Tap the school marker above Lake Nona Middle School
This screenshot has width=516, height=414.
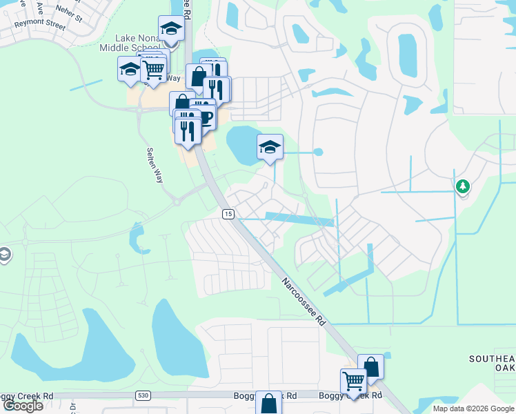[170, 30]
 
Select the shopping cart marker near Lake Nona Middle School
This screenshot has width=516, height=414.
[153, 69]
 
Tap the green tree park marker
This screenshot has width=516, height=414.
[463, 186]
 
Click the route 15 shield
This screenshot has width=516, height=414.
[227, 215]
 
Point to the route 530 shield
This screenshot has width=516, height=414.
[143, 395]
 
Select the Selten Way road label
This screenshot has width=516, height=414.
[155, 165]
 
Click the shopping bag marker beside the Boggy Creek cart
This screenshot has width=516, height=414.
[370, 368]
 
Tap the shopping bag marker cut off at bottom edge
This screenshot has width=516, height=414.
[268, 404]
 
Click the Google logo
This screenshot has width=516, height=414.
[23, 406]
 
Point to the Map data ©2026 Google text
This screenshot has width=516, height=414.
[473, 408]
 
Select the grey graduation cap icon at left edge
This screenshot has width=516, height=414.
[5, 255]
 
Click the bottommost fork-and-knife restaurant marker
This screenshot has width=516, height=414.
[188, 130]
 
